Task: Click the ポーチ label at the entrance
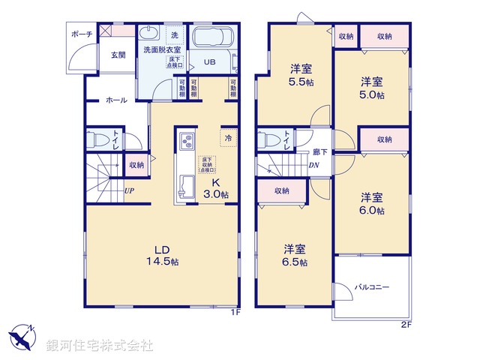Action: point(82,34)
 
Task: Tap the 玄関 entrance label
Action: point(119,54)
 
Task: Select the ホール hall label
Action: point(115,100)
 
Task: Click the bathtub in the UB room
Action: point(214,39)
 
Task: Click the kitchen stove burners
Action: point(186,140)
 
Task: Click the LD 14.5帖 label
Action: point(166,255)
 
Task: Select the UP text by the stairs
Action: point(129,190)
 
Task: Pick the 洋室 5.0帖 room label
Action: point(372,88)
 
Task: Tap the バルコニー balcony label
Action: point(373,287)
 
